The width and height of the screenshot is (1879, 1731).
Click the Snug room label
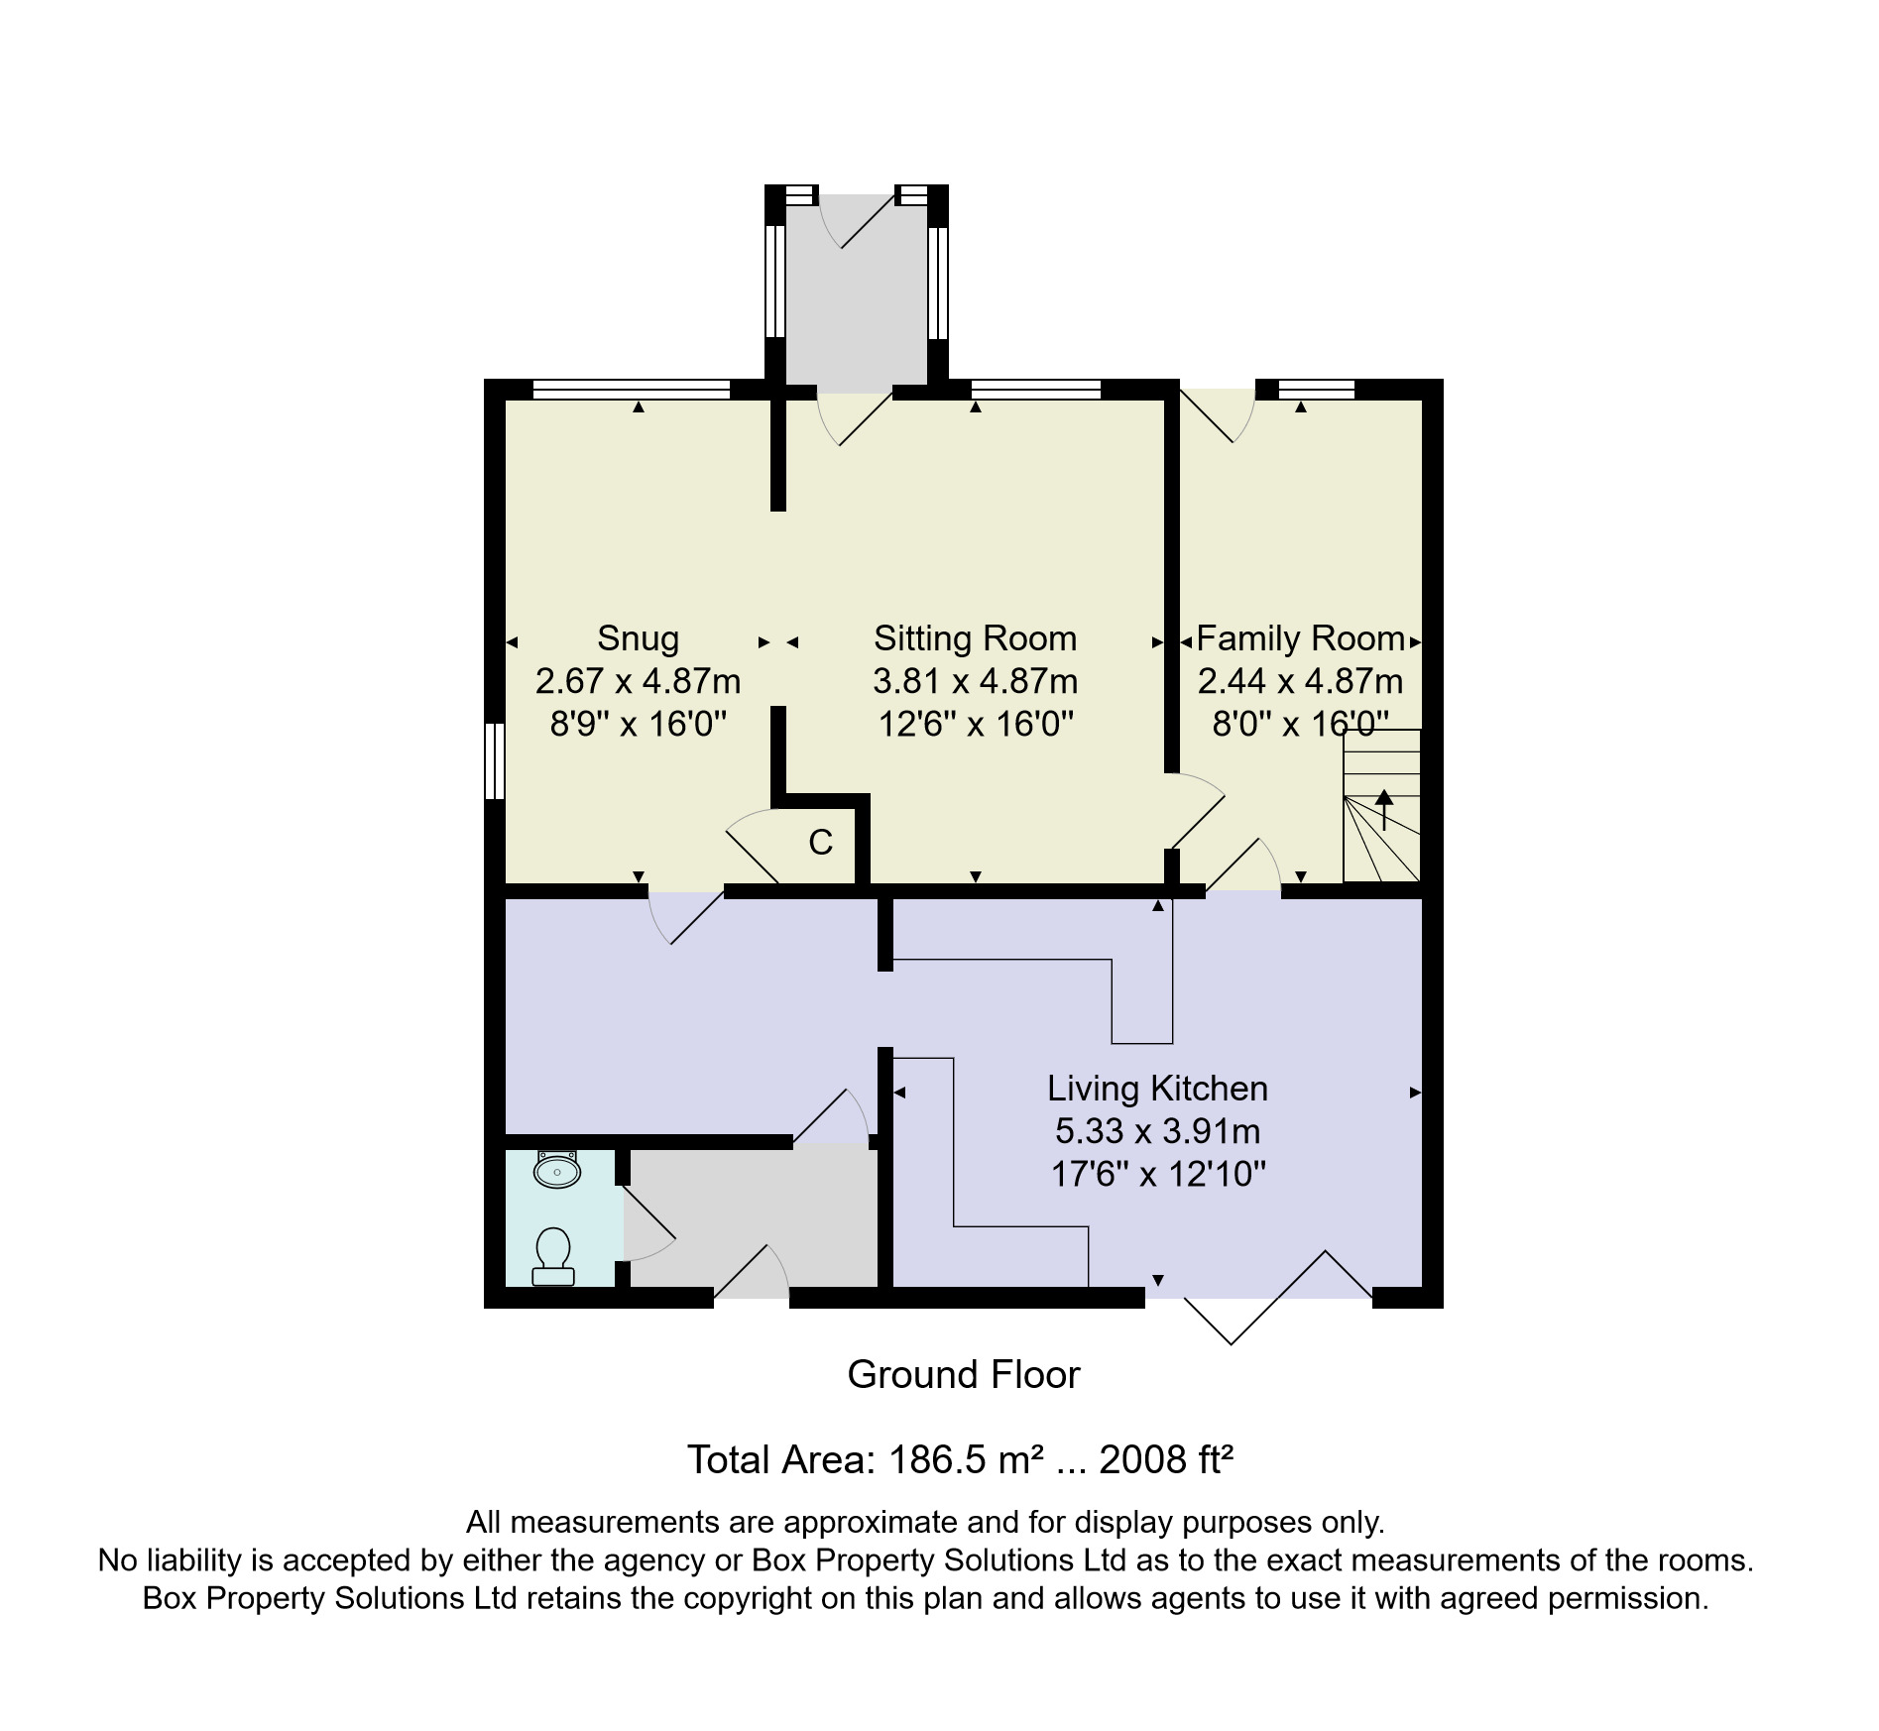pyautogui.click(x=638, y=638)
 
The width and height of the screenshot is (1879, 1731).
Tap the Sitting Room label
pyautogui.click(x=975, y=638)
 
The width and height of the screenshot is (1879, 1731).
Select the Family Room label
pyautogui.click(x=1300, y=638)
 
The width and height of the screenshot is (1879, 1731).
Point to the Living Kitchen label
pyautogui.click(x=1157, y=1089)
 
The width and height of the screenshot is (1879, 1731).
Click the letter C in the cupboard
pyautogui.click(x=820, y=843)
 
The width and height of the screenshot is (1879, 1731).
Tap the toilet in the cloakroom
pyautogui.click(x=553, y=1256)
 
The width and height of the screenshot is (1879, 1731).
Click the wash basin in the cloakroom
pyautogui.click(x=556, y=1170)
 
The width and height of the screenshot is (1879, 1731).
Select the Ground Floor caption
pyautogui.click(x=963, y=1375)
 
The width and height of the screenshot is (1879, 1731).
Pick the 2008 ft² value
pyautogui.click(x=1166, y=1460)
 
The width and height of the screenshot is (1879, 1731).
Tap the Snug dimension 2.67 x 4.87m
pyautogui.click(x=638, y=682)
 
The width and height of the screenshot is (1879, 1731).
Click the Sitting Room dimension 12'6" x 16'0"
pyautogui.click(x=976, y=725)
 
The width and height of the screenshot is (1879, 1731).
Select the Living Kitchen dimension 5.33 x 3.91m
pyautogui.click(x=1157, y=1131)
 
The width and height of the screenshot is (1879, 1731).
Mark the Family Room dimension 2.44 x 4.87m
pyautogui.click(x=1300, y=682)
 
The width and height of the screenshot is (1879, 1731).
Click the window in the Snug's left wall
pyautogui.click(x=494, y=760)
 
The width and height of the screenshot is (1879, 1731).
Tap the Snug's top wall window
pyautogui.click(x=632, y=390)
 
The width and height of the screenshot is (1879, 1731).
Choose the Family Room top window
pyautogui.click(x=1316, y=390)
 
